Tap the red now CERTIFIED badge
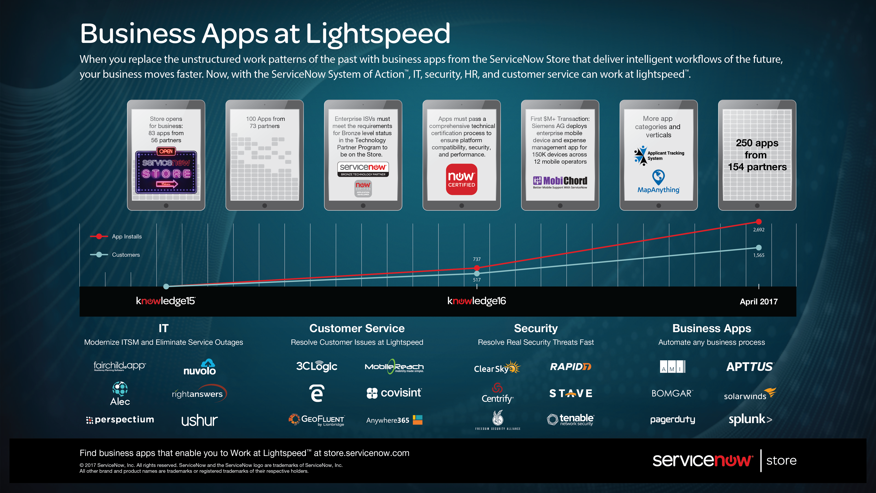462,179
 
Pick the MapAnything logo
658,182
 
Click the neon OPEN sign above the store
166,151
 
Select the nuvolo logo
200,367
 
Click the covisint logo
394,393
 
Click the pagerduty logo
672,420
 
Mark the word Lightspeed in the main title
378,33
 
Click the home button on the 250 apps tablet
757,205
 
